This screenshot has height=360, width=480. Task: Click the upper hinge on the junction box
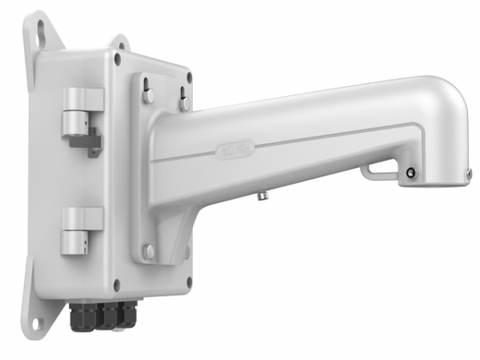82,108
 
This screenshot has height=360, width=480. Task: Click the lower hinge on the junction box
82,228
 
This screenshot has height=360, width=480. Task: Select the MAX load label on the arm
235,150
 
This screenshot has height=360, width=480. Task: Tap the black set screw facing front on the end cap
410,173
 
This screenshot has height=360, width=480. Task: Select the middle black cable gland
103,316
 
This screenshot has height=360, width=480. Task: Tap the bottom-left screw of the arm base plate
148,251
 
